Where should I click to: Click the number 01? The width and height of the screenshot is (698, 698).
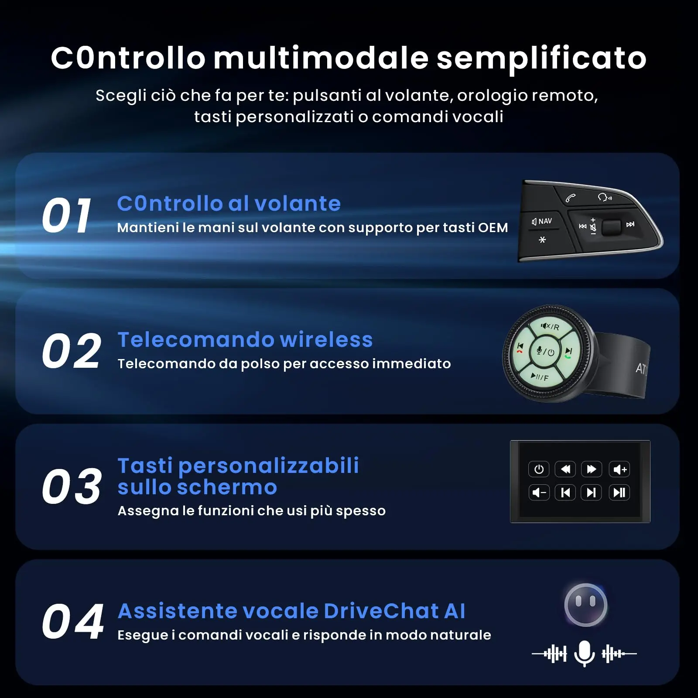[67, 215]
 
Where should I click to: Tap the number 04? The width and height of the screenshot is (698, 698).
[73, 622]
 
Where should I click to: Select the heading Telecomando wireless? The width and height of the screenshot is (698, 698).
[245, 339]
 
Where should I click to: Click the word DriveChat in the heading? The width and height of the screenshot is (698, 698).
[381, 611]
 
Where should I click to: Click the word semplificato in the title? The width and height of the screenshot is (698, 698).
[541, 58]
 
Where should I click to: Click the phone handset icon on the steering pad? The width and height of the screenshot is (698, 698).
[571, 198]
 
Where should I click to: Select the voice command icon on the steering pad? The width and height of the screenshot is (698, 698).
[605, 197]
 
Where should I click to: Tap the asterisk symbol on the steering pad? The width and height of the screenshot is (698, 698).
[542, 240]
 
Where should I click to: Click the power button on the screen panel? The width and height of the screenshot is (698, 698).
[539, 469]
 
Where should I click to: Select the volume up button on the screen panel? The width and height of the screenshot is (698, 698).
[619, 469]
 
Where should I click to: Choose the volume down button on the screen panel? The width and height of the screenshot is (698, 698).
[539, 493]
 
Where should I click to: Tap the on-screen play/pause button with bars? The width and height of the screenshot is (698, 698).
[619, 493]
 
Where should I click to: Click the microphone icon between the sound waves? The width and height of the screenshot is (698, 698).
[585, 654]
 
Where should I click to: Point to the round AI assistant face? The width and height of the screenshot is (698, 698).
[585, 605]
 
